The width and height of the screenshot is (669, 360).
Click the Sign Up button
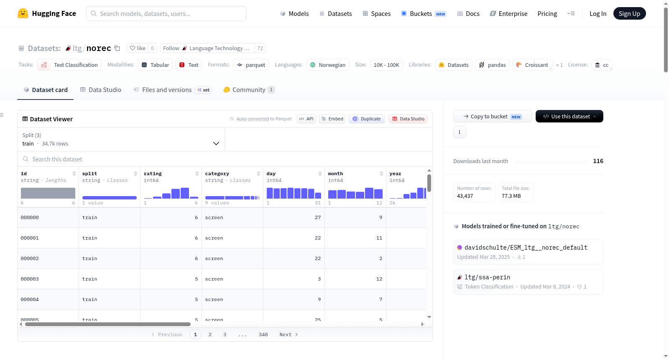629,13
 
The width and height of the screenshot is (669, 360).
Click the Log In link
598,13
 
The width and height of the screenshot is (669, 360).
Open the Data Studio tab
101,89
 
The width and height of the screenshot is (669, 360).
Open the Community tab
249,89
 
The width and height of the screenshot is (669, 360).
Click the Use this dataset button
569,116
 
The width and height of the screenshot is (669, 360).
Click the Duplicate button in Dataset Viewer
366,119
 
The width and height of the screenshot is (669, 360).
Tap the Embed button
332,119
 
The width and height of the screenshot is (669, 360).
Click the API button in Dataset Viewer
306,119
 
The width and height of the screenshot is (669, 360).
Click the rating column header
152,174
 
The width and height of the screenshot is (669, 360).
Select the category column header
217,174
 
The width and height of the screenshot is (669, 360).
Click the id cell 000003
30,279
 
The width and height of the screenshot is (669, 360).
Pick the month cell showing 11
379,238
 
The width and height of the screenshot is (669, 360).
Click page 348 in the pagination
263,334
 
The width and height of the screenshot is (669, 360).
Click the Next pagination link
289,334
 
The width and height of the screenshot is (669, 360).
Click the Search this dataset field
225,159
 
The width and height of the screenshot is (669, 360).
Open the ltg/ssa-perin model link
487,277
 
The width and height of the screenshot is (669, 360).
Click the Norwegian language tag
328,65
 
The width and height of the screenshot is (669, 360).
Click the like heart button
138,48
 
